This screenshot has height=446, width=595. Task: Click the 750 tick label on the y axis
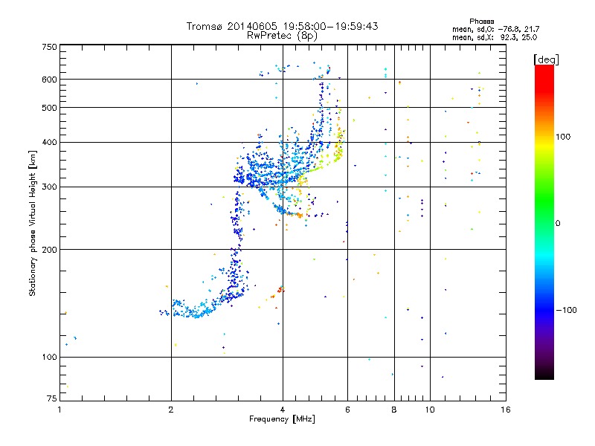tap(49, 47)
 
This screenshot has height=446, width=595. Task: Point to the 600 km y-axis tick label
tap(49, 80)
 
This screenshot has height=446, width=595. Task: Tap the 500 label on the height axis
tap(49, 108)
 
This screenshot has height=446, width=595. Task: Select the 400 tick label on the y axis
tap(49, 142)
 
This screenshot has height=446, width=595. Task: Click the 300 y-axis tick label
tap(49, 187)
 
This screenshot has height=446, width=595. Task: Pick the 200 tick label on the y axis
tap(49, 249)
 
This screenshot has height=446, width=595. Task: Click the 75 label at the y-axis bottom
tap(51, 399)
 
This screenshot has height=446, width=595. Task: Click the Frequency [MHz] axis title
tap(282, 419)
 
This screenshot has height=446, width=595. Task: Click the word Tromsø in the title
tap(203, 26)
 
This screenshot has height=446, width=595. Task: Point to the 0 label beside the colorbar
tap(559, 223)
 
